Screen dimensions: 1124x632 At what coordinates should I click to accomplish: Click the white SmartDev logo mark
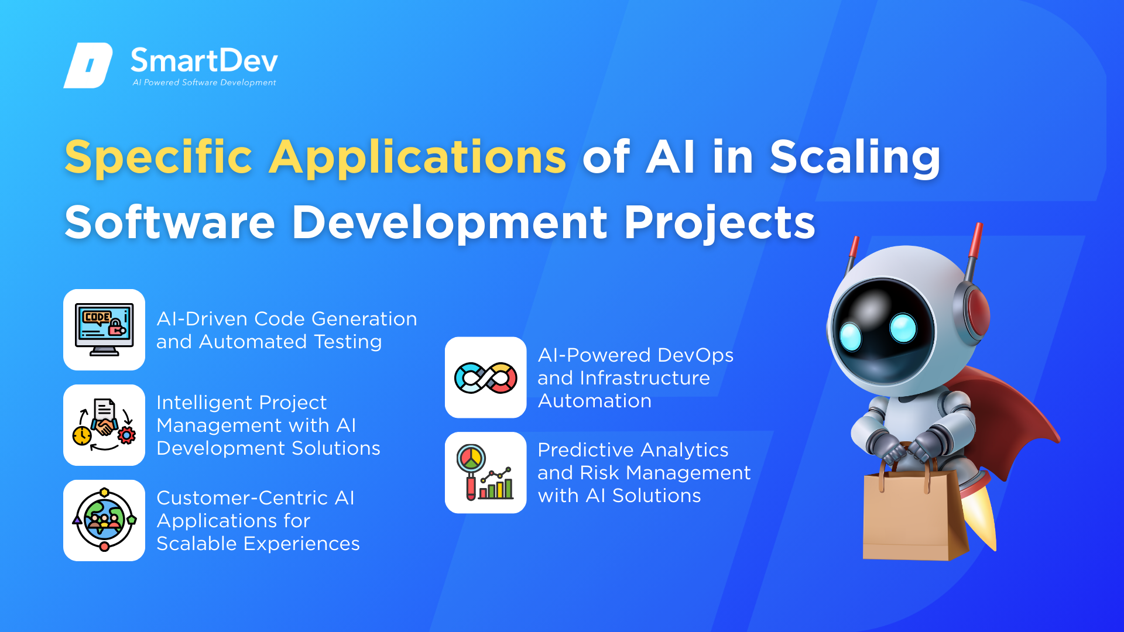88,66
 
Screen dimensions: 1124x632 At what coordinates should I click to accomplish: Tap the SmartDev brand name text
204,61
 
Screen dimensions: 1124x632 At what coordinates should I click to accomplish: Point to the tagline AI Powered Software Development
204,83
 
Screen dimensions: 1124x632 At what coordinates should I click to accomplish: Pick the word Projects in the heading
719,223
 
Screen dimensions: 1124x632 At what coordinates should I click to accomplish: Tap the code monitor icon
104,329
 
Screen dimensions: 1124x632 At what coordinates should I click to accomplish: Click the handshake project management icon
104,425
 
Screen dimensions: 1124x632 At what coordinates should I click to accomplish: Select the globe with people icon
104,520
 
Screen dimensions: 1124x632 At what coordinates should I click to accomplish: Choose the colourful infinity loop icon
486,377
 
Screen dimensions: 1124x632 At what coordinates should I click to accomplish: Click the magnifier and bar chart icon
485,473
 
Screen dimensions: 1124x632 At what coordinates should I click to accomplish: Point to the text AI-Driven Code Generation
287,319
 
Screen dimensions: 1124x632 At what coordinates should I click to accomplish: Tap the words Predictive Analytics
633,450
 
